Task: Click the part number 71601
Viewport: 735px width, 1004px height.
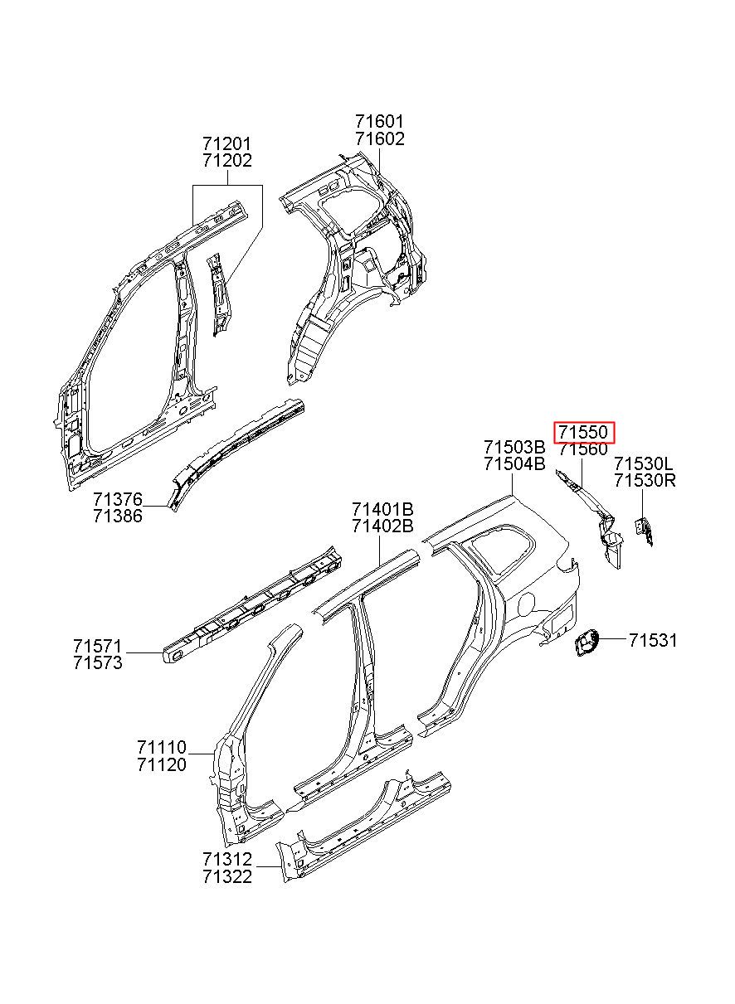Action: pyautogui.click(x=379, y=122)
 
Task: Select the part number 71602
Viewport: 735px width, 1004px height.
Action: pyautogui.click(x=379, y=138)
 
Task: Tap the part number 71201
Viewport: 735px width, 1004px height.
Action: pyautogui.click(x=227, y=144)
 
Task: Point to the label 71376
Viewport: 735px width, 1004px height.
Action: pyautogui.click(x=118, y=499)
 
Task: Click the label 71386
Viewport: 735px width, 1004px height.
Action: pyautogui.click(x=118, y=516)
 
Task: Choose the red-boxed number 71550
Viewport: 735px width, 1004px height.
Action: pyautogui.click(x=583, y=432)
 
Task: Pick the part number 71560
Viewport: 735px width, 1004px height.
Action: pyautogui.click(x=583, y=449)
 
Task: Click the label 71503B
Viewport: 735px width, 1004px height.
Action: pyautogui.click(x=514, y=447)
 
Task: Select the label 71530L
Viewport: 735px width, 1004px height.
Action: pyautogui.click(x=644, y=463)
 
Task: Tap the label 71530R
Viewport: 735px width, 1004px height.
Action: pyautogui.click(x=645, y=481)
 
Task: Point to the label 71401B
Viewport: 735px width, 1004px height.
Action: pyautogui.click(x=382, y=509)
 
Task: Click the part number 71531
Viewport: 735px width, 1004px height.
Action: pyautogui.click(x=653, y=641)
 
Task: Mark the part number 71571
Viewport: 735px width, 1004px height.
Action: pyautogui.click(x=98, y=646)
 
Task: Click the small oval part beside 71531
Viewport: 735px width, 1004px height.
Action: pyautogui.click(x=587, y=642)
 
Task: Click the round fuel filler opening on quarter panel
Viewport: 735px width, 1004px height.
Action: pyautogui.click(x=527, y=604)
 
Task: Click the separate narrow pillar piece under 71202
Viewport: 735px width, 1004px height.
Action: pyautogui.click(x=219, y=294)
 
